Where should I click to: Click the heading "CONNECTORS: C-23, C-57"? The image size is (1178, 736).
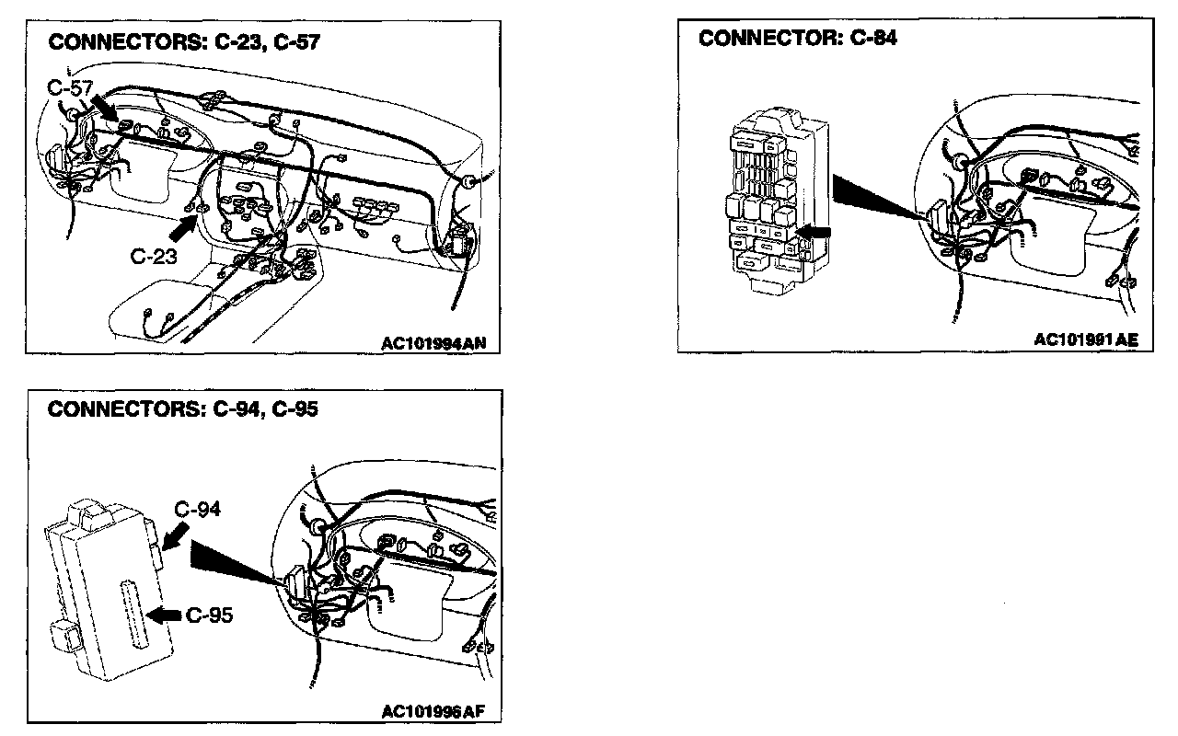tap(183, 42)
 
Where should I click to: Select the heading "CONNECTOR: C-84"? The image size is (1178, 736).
tap(798, 39)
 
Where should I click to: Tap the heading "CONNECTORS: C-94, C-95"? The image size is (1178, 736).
tap(182, 409)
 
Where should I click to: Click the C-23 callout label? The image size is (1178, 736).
tap(154, 257)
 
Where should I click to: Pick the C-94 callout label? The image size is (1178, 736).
tap(197, 509)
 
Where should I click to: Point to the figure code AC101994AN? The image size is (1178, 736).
tap(433, 343)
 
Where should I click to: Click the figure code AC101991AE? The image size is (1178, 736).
tap(1086, 339)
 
